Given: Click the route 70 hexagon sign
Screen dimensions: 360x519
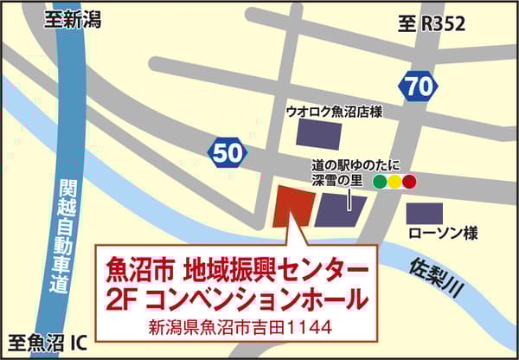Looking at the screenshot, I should (x=417, y=86).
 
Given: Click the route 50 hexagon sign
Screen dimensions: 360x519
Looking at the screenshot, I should (x=227, y=154).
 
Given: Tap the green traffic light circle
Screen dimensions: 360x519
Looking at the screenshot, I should (x=379, y=183).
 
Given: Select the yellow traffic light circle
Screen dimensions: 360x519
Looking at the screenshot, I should (x=394, y=183).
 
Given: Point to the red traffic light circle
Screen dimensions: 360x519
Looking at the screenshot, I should (x=408, y=183).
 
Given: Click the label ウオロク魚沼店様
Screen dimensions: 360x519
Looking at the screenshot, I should (x=334, y=112).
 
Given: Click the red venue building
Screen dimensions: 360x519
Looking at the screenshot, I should (x=292, y=206).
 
